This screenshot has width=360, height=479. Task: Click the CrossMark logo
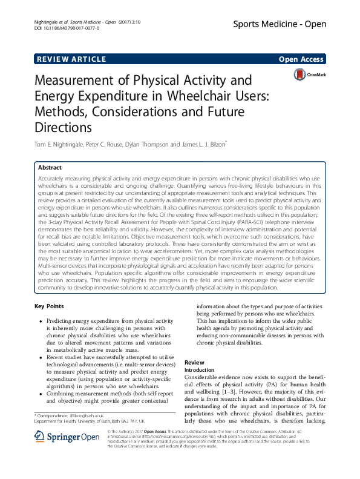click(309, 74)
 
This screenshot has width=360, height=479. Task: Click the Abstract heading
click(50, 167)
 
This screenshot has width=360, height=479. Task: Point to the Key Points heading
click(50, 306)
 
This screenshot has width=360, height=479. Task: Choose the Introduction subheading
click(199, 369)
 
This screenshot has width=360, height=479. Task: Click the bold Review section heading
click(194, 363)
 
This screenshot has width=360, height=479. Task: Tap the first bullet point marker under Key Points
click(40, 321)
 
